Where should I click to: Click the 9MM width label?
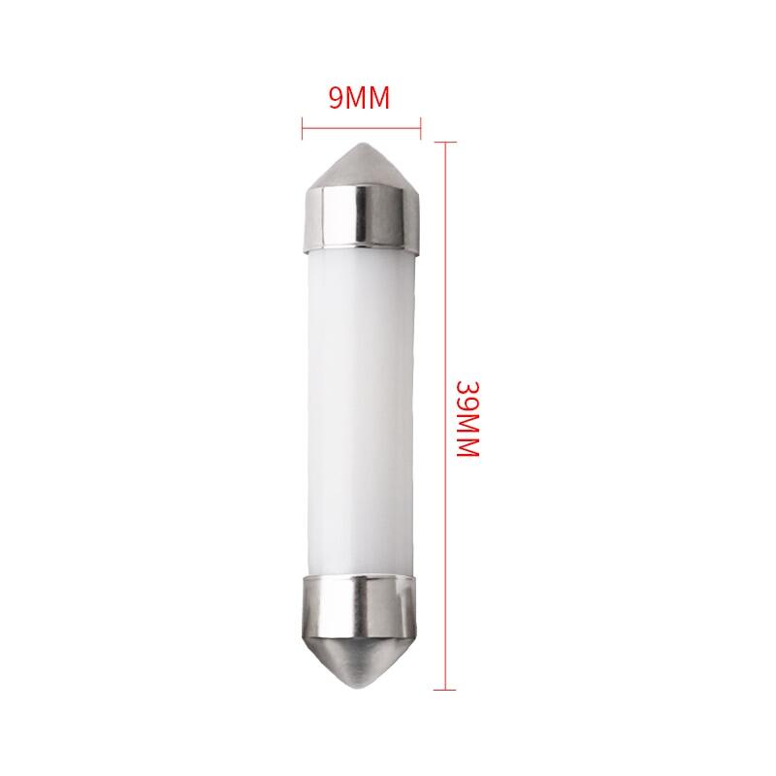point(359,98)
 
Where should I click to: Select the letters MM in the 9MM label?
point(369,98)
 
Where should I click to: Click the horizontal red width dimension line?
point(361,124)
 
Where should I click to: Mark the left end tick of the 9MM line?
point(303,124)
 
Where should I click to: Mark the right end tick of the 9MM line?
point(420,124)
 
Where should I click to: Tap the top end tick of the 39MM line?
point(444,143)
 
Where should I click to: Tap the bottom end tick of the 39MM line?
point(444,690)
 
